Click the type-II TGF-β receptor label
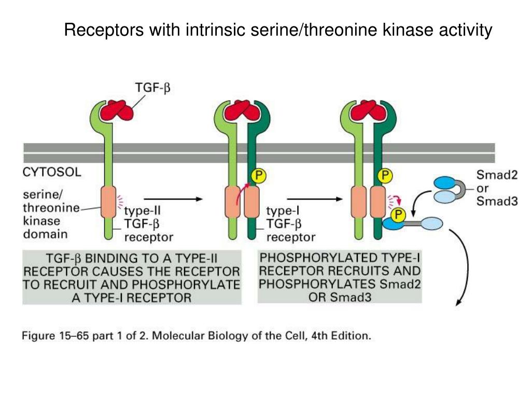tap(148, 224)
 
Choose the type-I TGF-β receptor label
tap(290, 224)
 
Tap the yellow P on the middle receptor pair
tap(258, 176)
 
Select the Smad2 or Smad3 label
tap(497, 188)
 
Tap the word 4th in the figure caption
tap(322, 335)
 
